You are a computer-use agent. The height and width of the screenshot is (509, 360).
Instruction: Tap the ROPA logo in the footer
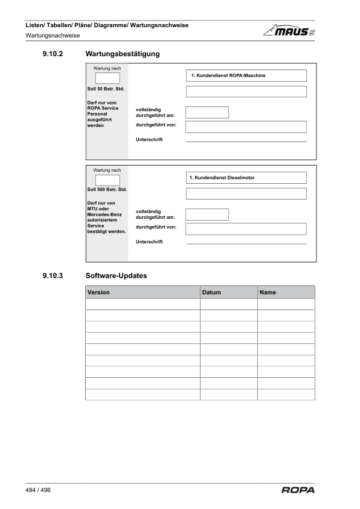(x=298, y=490)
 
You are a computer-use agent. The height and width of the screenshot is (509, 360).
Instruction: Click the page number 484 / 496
(x=38, y=490)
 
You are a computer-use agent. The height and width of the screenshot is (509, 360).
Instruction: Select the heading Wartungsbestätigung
(x=123, y=54)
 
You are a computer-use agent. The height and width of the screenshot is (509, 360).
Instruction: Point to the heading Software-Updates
(x=117, y=276)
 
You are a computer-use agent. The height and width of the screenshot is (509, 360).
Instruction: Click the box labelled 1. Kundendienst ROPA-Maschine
(x=246, y=76)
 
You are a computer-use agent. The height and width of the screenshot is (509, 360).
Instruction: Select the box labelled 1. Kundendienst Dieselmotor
(x=246, y=178)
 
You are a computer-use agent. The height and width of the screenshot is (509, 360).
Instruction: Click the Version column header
(x=143, y=293)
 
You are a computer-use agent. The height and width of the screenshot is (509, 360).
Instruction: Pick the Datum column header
(x=228, y=293)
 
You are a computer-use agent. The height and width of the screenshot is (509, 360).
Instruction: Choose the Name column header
(x=286, y=293)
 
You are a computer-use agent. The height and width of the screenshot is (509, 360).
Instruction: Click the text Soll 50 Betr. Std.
(x=106, y=89)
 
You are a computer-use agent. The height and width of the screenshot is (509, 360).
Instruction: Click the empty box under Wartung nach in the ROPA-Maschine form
(x=108, y=77)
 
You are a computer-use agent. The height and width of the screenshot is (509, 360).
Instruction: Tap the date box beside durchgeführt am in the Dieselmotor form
(x=207, y=215)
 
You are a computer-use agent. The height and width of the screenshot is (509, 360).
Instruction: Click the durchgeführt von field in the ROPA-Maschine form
(x=246, y=126)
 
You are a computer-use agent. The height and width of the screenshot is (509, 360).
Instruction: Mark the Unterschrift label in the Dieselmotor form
(x=149, y=242)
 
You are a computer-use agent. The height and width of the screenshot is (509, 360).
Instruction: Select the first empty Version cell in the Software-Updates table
(x=143, y=304)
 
